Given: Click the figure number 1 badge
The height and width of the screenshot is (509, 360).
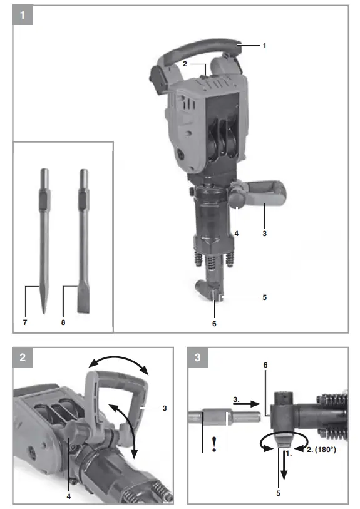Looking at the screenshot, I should pyautogui.click(x=23, y=16).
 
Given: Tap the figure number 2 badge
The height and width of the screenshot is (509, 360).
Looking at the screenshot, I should pyautogui.click(x=23, y=359).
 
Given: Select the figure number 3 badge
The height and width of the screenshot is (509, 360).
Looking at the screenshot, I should pyautogui.click(x=198, y=359).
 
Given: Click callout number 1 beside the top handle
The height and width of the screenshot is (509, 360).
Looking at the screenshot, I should pyautogui.click(x=264, y=46).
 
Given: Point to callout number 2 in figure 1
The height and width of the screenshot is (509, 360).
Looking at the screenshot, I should pyautogui.click(x=185, y=63).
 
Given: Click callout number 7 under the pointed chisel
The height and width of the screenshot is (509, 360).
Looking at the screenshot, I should pyautogui.click(x=26, y=323).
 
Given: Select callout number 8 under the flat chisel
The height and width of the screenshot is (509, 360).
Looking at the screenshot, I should pyautogui.click(x=63, y=323).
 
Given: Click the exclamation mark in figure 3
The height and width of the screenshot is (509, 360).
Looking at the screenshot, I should pyautogui.click(x=214, y=445).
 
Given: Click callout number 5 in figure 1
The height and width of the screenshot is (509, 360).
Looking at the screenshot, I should pyautogui.click(x=264, y=297).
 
